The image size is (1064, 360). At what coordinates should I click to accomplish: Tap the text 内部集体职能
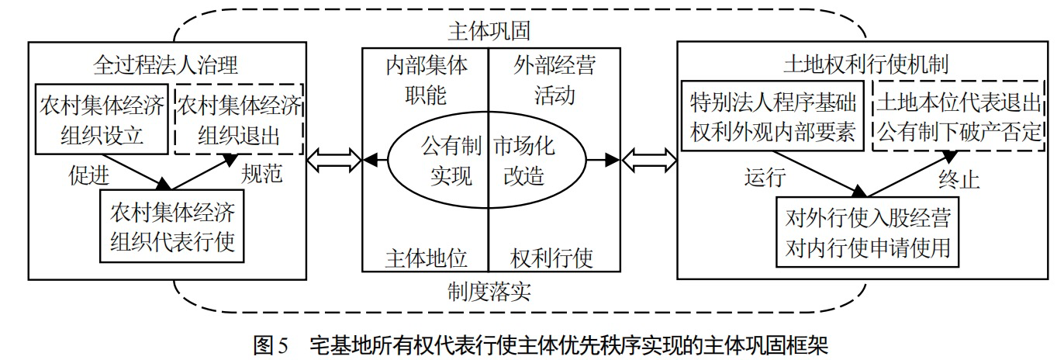point(426,80)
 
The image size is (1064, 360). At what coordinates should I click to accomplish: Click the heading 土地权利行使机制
point(865,62)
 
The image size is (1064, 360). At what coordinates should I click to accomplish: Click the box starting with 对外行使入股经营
point(866,232)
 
